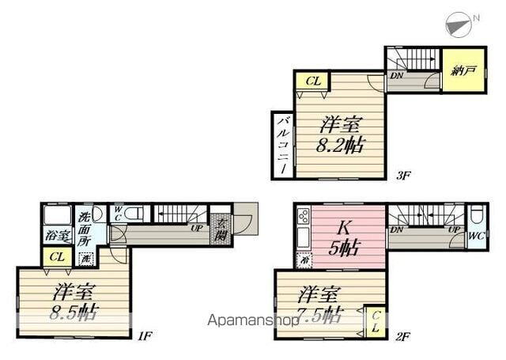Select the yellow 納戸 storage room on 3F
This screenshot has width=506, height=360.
[x=458, y=70]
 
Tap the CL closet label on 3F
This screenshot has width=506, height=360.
[x=312, y=80]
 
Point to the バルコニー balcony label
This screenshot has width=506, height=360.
[x=281, y=145]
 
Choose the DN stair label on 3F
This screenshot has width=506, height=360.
[x=395, y=76]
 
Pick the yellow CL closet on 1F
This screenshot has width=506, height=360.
[x=55, y=256]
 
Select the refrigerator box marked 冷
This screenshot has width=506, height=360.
[x=301, y=259]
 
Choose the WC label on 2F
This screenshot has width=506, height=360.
[x=476, y=236]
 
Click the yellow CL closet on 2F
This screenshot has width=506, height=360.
[x=375, y=320]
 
